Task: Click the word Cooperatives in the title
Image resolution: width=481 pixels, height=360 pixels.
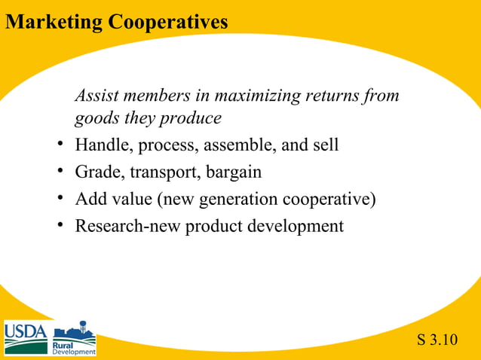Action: [x=168, y=22]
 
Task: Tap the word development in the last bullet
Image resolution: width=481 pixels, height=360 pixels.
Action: [x=298, y=227]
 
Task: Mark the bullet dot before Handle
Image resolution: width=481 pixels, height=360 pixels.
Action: [x=60, y=145]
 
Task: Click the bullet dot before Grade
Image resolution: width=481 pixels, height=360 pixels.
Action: [x=60, y=172]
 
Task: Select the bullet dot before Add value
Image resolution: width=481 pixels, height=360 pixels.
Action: [x=60, y=199]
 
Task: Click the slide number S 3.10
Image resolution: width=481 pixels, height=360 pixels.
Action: [x=437, y=340]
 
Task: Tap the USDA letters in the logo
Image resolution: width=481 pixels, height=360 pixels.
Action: [x=26, y=332]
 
